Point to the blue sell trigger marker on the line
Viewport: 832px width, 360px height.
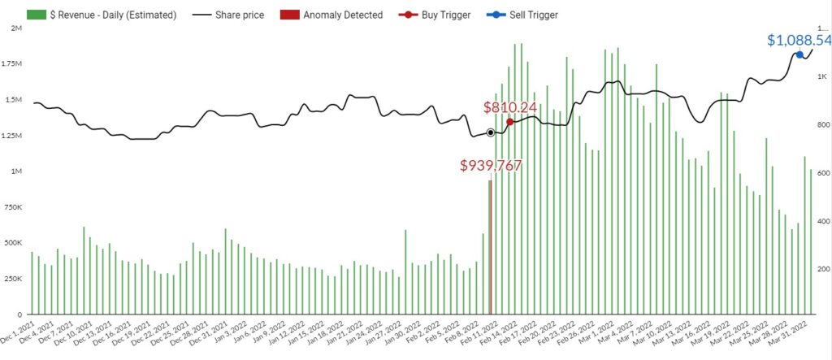pos(799,54)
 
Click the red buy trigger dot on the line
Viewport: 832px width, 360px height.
pos(509,122)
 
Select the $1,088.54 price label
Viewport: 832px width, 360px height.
pos(799,39)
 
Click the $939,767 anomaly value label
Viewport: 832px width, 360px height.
pos(491,165)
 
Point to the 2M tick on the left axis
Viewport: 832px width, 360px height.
pos(15,28)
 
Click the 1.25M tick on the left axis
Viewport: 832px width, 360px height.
pos(12,136)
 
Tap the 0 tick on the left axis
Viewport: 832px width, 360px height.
pos(19,314)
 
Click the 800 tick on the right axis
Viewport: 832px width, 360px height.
pos(823,124)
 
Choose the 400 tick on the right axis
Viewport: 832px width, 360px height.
pos(823,221)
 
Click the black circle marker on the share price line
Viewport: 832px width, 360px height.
pos(490,132)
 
